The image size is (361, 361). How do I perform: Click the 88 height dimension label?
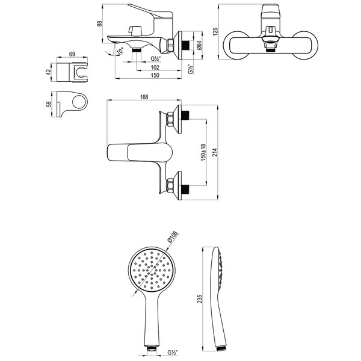coord(99,23)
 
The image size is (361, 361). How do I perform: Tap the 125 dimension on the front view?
coord(215,32)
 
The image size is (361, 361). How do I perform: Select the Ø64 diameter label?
coord(199,45)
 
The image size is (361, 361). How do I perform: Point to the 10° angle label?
coord(120,51)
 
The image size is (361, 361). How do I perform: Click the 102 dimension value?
coord(155,67)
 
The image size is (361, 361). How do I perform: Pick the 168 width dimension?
coord(144,97)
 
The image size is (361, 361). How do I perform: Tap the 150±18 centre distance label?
coord(203,152)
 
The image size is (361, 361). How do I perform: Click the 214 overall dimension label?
coord(215,152)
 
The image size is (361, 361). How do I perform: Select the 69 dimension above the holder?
coord(72,54)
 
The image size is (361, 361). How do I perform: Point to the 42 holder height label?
coord(48,72)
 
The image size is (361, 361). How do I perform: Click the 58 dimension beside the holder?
coord(49,104)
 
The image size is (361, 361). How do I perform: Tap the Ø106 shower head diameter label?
coord(173,237)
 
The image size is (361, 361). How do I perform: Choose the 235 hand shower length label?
coord(200,298)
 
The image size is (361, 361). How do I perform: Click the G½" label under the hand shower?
coord(173,353)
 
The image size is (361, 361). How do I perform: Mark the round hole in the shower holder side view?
coord(78,102)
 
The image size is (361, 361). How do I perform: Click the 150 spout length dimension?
coord(155,75)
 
